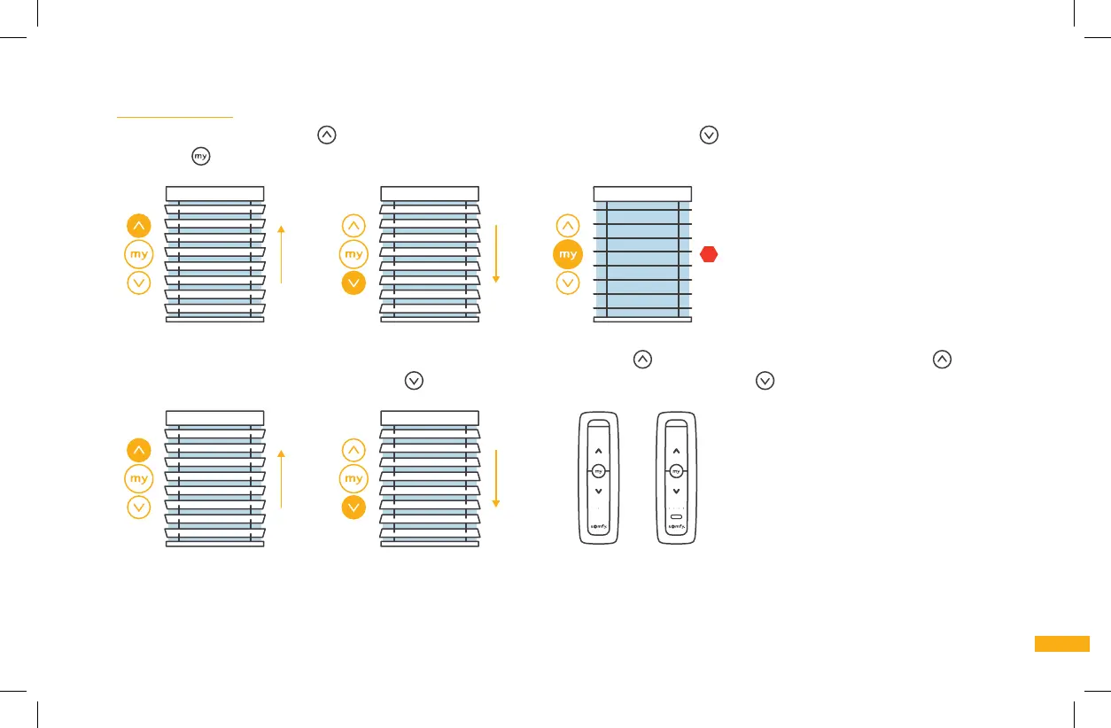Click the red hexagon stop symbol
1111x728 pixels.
coord(708,254)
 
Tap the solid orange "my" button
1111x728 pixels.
coord(568,254)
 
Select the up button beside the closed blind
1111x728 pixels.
coord(568,226)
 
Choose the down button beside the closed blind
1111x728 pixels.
coord(568,283)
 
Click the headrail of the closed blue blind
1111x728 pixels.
coord(642,194)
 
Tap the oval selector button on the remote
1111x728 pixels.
coord(676,514)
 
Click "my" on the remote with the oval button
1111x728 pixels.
coord(676,471)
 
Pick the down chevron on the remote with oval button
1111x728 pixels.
coord(676,491)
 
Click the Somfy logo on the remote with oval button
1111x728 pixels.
coord(676,527)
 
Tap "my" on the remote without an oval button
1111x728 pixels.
coord(598,471)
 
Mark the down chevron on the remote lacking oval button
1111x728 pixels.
coord(598,491)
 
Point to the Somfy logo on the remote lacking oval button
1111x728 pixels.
coord(598,527)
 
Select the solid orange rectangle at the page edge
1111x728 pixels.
coord(1061,644)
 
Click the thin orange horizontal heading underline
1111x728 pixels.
coord(175,116)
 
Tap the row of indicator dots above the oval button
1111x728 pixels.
coord(676,507)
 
